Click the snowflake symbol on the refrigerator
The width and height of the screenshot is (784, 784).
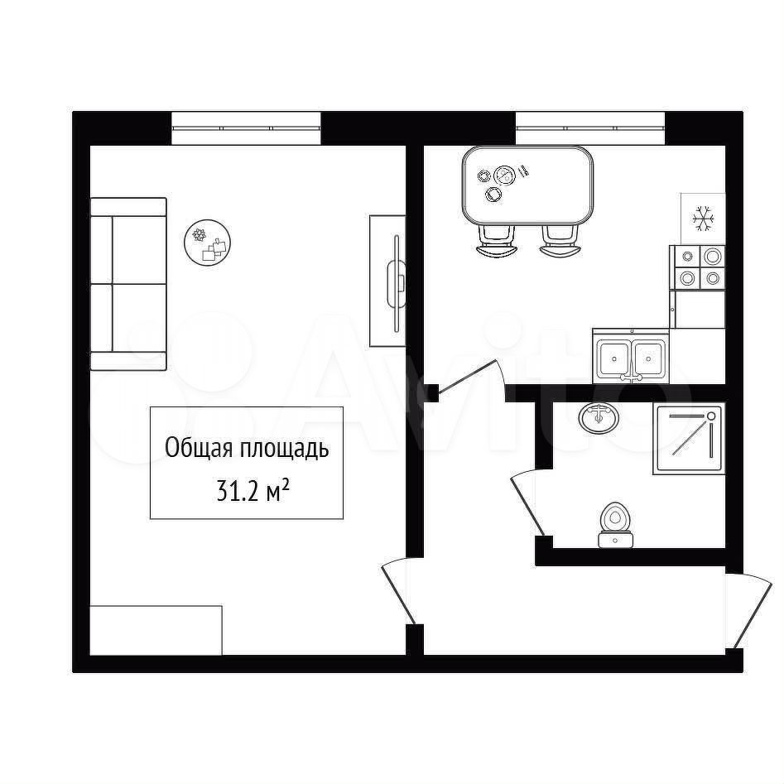(x=703, y=219)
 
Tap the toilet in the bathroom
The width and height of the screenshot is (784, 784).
(x=615, y=525)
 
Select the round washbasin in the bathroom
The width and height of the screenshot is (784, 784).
(x=599, y=417)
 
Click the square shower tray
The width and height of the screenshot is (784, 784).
(x=689, y=439)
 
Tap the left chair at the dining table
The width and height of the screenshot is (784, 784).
(x=497, y=242)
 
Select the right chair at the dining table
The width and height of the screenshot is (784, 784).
(x=560, y=242)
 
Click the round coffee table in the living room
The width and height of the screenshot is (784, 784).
(x=207, y=242)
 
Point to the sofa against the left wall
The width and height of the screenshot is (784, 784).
(x=128, y=284)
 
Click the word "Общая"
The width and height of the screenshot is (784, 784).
(x=199, y=448)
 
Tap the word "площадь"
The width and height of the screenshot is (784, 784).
(x=284, y=450)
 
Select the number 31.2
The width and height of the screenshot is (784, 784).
(x=238, y=492)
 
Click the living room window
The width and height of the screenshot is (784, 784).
(x=246, y=128)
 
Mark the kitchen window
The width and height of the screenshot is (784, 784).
(x=590, y=128)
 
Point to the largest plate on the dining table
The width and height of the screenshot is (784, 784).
(x=504, y=176)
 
